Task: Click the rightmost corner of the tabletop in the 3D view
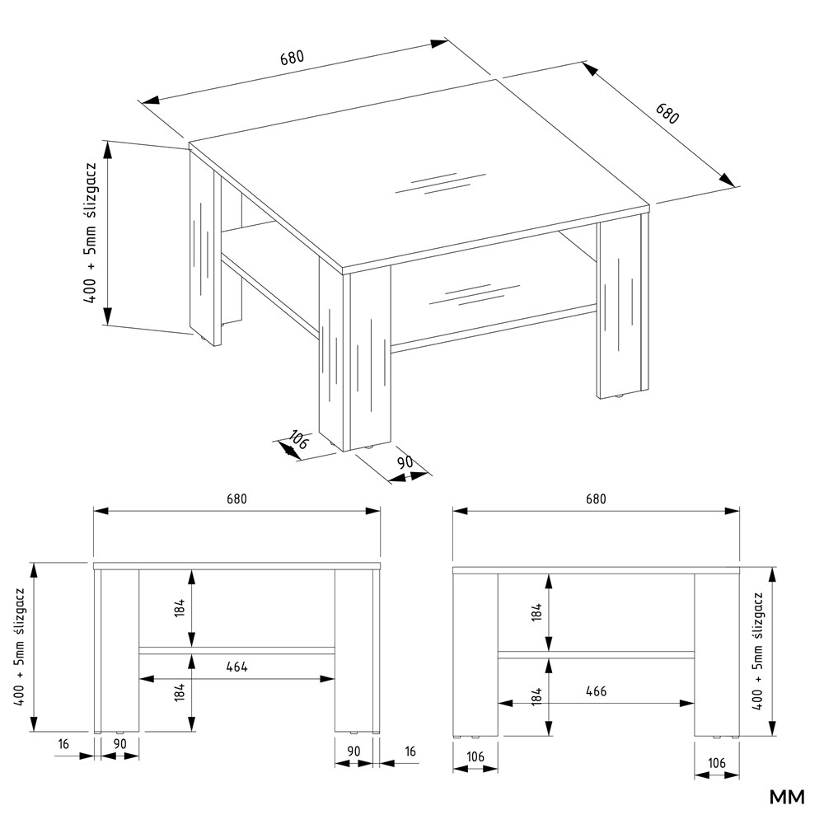(x=650, y=205)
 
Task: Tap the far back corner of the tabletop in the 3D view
(x=497, y=79)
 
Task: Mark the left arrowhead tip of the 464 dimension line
(x=139, y=679)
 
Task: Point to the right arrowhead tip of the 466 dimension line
(x=694, y=703)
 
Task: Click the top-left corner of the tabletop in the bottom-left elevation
(x=94, y=563)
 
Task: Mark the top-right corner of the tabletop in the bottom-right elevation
(x=739, y=568)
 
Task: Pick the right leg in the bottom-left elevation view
(x=357, y=651)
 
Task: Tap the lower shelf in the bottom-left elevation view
(x=237, y=651)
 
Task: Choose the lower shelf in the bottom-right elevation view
(x=596, y=655)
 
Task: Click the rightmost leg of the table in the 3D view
(x=623, y=310)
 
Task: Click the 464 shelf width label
(x=237, y=667)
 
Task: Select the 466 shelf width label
(x=596, y=691)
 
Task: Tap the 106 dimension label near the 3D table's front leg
(x=297, y=440)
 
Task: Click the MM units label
(x=787, y=797)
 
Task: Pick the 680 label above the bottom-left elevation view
(x=236, y=499)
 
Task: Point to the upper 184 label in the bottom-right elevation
(x=536, y=612)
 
